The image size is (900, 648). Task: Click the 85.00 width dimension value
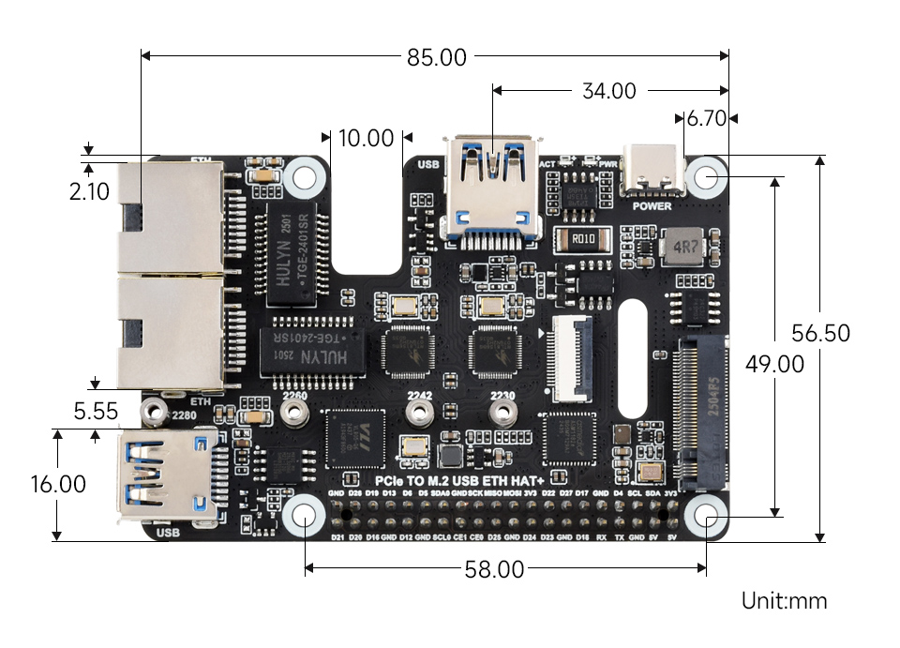point(436,57)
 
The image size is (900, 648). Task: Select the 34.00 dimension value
point(608,91)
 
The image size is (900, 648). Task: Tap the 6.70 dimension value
point(707,119)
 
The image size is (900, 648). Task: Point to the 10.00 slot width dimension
point(366,139)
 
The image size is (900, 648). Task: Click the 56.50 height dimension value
point(820,333)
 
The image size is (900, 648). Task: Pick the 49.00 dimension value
point(774,364)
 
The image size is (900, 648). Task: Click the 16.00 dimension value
point(58,485)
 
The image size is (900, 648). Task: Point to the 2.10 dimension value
point(89,192)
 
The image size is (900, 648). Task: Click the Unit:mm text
point(785,601)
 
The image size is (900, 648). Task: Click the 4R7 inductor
point(683,247)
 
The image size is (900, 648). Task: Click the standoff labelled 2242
point(418,416)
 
